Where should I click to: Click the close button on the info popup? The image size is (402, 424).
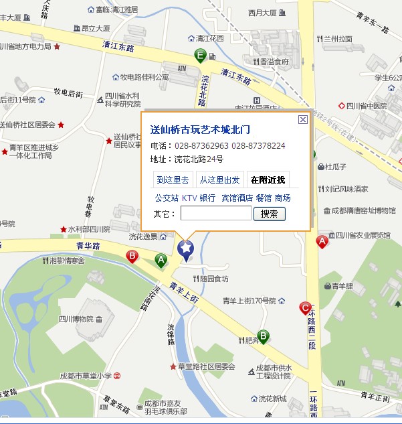click(302, 120)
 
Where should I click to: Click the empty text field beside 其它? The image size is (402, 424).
click(215, 214)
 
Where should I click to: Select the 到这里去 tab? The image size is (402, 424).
click(174, 180)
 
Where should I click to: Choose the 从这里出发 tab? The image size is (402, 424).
click(219, 180)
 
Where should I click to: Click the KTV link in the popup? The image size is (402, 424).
click(189, 198)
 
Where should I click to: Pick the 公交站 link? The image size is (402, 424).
click(167, 198)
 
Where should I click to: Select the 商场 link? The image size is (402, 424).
click(282, 198)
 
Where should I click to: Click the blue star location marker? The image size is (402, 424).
click(185, 249)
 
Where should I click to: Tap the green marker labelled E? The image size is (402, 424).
click(199, 56)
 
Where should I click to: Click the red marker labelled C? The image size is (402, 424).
click(306, 309)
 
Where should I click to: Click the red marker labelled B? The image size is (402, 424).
click(132, 256)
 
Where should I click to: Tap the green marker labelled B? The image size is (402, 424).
click(264, 336)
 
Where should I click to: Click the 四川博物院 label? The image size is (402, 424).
click(76, 318)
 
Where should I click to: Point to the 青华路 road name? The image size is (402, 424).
click(88, 246)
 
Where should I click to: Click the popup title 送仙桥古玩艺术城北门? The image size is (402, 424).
click(200, 129)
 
